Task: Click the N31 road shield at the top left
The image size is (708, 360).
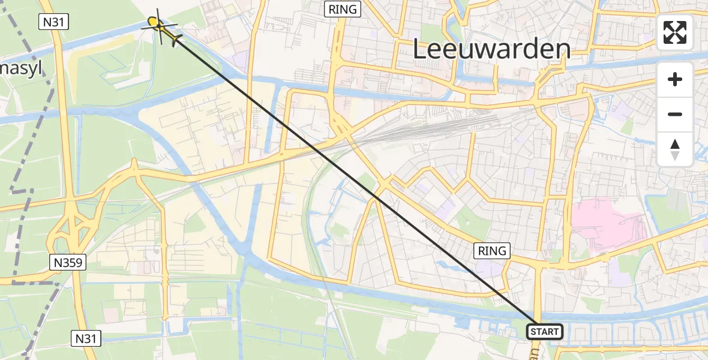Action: pyautogui.click(x=54, y=22)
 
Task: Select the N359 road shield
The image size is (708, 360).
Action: pyautogui.click(x=68, y=262)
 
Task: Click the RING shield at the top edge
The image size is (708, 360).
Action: pyautogui.click(x=343, y=9)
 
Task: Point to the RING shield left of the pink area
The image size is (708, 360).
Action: pyautogui.click(x=492, y=251)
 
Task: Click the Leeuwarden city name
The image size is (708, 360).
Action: pyautogui.click(x=491, y=49)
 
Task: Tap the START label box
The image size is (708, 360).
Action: pyautogui.click(x=544, y=332)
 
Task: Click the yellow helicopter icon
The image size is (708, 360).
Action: pyautogui.click(x=162, y=28)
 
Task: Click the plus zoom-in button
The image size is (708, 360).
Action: pyautogui.click(x=675, y=79)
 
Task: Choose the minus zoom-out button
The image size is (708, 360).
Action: pyautogui.click(x=675, y=114)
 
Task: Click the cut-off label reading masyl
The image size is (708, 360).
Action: pyautogui.click(x=21, y=68)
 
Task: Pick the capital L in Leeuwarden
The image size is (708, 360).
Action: pyautogui.click(x=421, y=49)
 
